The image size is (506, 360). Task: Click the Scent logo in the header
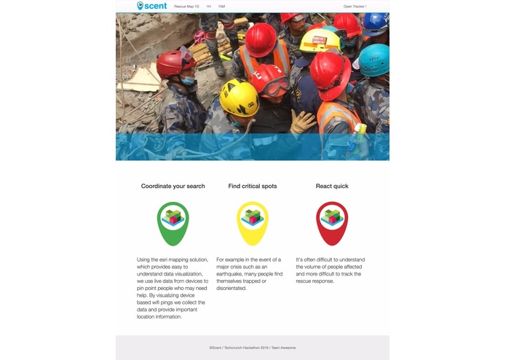click(x=151, y=6)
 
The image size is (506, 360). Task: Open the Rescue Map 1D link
click(x=186, y=6)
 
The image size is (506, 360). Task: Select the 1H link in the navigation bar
click(x=208, y=6)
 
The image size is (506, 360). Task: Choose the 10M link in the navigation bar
click(x=221, y=6)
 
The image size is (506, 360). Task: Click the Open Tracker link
click(x=355, y=6)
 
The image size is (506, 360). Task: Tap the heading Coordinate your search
click(x=173, y=187)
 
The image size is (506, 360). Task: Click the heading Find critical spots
click(x=252, y=187)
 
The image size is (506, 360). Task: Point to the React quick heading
click(x=332, y=187)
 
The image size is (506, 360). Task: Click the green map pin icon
click(x=173, y=222)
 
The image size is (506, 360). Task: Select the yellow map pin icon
click(x=253, y=222)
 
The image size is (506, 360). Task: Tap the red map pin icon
click(x=332, y=222)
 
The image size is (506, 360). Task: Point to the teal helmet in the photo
click(x=375, y=59)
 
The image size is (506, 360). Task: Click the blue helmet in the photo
click(x=376, y=23)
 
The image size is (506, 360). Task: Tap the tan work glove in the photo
click(x=302, y=121)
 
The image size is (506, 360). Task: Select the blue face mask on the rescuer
click(x=187, y=81)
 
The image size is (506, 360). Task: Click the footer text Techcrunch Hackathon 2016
click(x=245, y=348)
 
